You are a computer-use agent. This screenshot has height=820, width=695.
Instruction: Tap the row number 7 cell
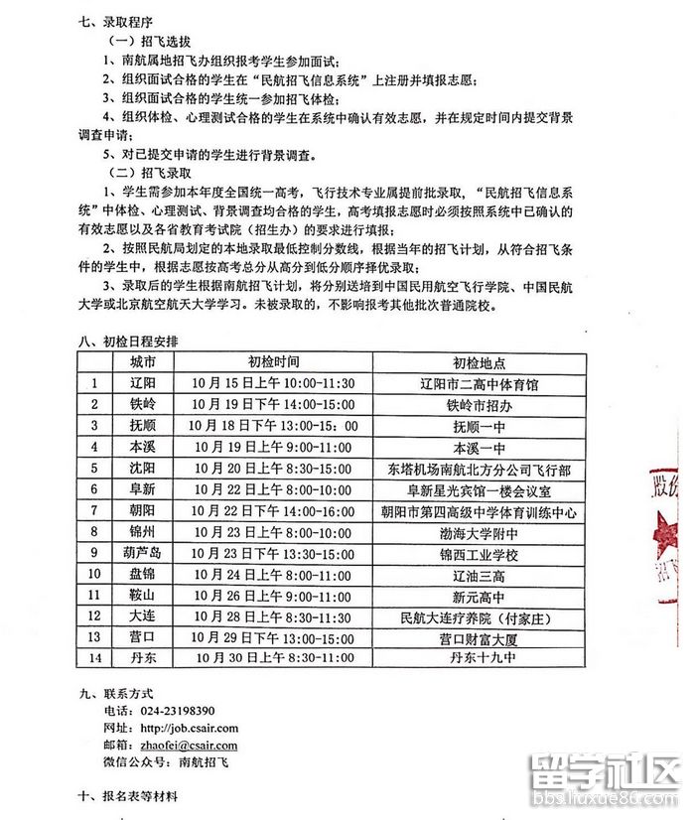click(94, 510)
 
